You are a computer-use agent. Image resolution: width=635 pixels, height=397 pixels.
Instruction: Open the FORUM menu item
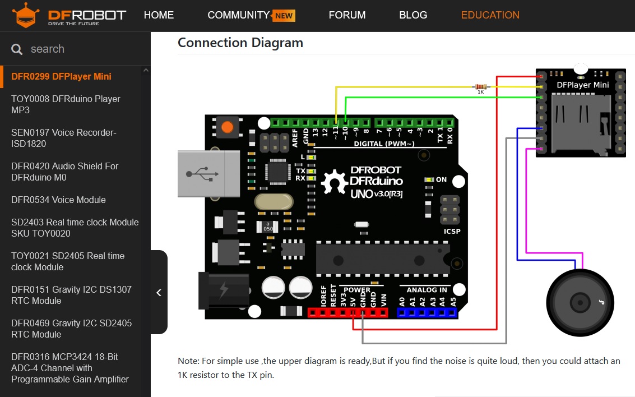click(x=347, y=15)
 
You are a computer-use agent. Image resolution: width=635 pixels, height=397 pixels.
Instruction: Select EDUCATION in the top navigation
click(x=490, y=15)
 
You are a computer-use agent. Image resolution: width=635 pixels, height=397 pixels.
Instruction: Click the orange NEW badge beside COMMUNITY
click(x=284, y=16)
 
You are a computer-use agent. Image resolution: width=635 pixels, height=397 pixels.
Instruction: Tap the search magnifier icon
click(x=17, y=49)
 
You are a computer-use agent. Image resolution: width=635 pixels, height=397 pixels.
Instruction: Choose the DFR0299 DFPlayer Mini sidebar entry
click(x=61, y=76)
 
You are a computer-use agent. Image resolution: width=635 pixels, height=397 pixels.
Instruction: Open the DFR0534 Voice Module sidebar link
click(x=58, y=200)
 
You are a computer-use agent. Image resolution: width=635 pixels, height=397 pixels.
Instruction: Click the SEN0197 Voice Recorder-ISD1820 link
click(x=64, y=138)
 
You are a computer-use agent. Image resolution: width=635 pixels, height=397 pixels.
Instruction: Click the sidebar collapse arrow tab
click(x=159, y=292)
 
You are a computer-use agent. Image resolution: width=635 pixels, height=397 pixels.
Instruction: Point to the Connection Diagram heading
click(x=240, y=43)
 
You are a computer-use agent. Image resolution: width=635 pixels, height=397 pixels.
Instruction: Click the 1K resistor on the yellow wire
click(x=480, y=87)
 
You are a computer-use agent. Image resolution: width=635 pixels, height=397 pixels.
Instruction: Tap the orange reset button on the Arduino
click(x=227, y=127)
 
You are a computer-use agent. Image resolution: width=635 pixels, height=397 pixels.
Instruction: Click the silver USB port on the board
click(x=201, y=173)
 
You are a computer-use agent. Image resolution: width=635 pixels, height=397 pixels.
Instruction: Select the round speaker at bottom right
click(x=580, y=303)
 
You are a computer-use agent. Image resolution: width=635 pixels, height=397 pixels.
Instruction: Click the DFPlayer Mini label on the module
click(x=582, y=85)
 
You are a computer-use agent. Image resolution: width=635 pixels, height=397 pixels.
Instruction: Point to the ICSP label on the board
click(x=451, y=231)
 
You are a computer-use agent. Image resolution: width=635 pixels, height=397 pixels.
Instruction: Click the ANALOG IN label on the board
click(x=427, y=290)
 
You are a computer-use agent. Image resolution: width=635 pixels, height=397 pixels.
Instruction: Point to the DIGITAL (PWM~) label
click(x=384, y=144)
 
